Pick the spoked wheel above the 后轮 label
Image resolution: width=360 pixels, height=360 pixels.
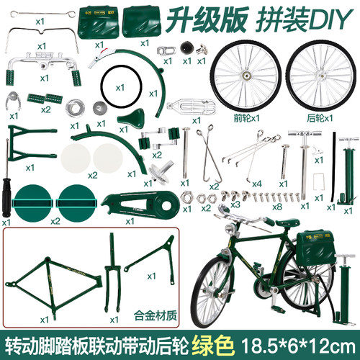(x=321, y=76)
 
